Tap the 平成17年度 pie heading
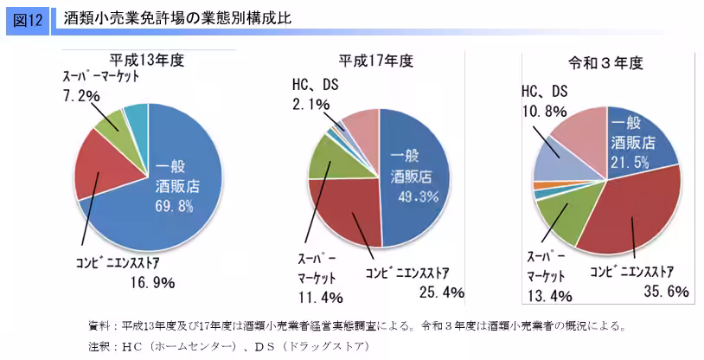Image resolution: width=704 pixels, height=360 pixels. pos(377,61)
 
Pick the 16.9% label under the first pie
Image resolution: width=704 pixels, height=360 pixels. pos(154,282)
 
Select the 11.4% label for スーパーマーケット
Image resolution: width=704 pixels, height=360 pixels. pos(321,297)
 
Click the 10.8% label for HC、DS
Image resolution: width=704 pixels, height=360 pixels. pos(544,110)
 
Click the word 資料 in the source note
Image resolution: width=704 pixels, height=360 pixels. pos(99,326)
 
